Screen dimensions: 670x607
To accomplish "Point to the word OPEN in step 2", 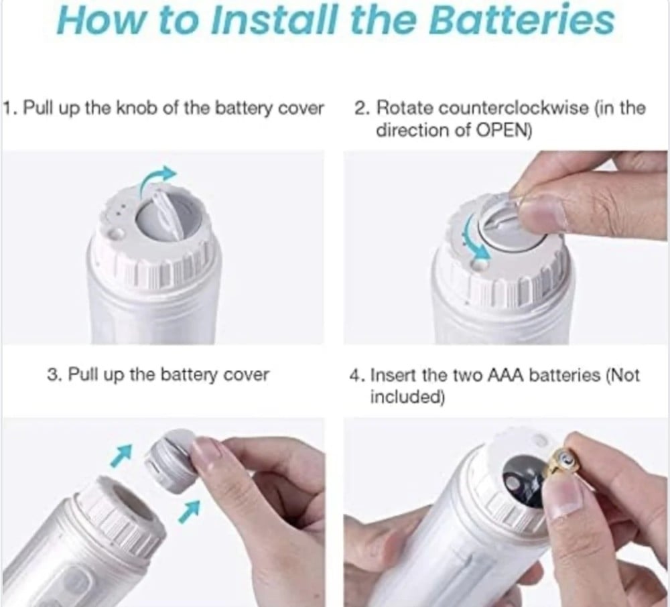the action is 501,130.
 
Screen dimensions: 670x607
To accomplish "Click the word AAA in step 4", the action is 507,375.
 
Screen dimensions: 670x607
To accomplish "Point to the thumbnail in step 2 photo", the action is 542,212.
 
